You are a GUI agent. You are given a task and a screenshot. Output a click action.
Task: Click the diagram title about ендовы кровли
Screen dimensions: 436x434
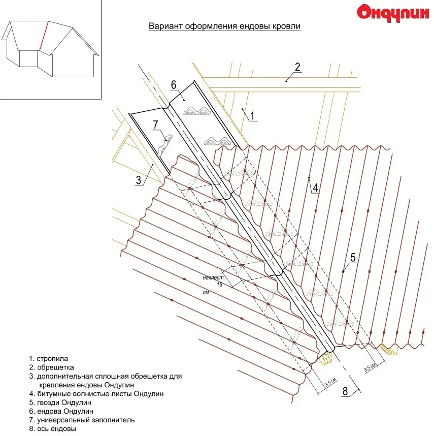(224, 26)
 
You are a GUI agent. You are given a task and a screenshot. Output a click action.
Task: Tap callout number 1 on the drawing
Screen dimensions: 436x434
(251, 115)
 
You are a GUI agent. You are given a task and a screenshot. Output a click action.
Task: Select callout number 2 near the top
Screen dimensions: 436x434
(297, 67)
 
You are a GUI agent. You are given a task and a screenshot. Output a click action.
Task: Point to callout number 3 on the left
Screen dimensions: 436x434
(138, 179)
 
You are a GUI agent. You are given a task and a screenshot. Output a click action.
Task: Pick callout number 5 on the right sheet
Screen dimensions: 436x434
(352, 258)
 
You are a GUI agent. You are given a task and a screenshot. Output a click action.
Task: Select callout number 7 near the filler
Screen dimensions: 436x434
(155, 124)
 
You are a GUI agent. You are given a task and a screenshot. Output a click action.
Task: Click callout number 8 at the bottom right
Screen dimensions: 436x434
(345, 391)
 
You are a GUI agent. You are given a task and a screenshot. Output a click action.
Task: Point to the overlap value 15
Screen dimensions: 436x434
(219, 285)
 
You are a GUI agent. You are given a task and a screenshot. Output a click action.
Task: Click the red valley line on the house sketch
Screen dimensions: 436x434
(44, 37)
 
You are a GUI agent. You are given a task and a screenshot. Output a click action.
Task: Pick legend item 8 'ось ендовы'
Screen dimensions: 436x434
(53, 428)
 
